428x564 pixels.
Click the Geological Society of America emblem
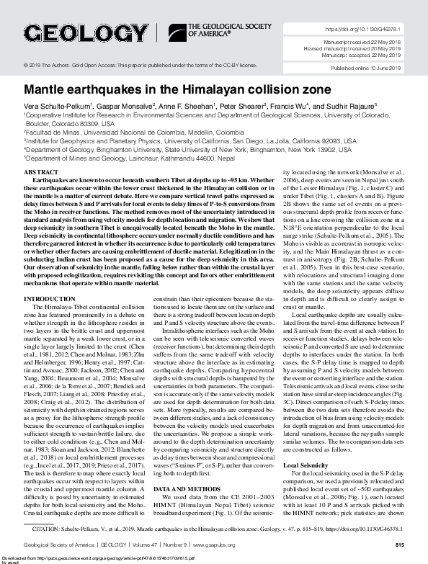pyautogui.click(x=177, y=31)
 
